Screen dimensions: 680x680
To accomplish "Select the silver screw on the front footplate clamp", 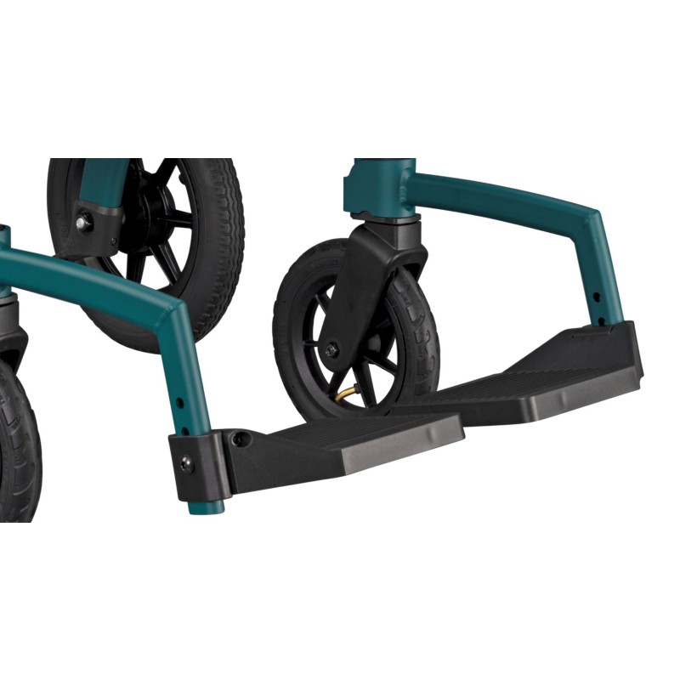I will click(186, 462).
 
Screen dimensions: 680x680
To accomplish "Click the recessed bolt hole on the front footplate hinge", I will click(241, 440).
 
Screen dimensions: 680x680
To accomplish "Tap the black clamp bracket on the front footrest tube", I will click(197, 462).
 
